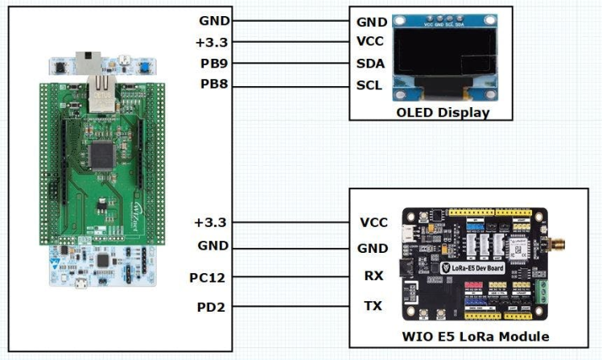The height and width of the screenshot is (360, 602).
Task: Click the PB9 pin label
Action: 212,63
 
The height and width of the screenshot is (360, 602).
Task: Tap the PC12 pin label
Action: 208,278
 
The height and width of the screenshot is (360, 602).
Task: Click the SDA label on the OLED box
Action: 370,63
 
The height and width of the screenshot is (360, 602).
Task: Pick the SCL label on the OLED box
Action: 369,85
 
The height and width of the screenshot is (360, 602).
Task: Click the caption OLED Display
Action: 443,112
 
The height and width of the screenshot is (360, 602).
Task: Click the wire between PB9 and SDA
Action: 290,63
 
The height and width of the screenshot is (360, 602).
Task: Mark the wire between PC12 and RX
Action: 290,278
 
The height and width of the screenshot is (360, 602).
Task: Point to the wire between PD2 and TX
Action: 290,307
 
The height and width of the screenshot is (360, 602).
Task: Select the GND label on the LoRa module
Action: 373,248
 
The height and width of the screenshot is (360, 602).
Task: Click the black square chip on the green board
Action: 101,153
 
